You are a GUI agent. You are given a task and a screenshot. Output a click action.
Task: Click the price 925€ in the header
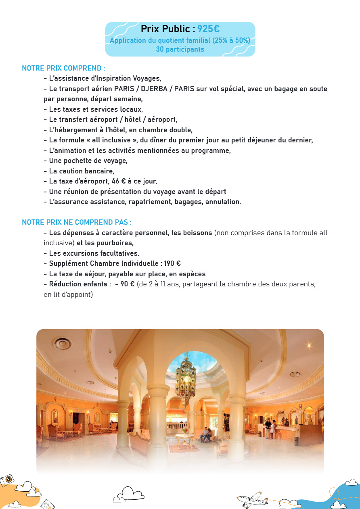[208, 29]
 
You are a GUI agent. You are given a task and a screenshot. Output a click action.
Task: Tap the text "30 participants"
[180, 49]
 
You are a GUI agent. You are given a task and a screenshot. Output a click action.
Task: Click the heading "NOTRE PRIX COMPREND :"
[63, 68]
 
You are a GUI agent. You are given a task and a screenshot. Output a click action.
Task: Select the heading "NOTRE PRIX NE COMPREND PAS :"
[77, 222]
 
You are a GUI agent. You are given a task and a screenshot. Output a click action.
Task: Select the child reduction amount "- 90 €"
[125, 284]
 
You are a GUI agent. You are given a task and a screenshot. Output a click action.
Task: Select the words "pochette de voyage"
[96, 161]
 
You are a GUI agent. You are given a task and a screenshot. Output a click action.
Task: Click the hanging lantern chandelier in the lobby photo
[185, 379]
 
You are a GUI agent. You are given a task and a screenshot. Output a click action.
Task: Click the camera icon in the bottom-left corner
[7, 480]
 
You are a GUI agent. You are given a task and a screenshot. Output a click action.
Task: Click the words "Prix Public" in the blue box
[165, 29]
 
